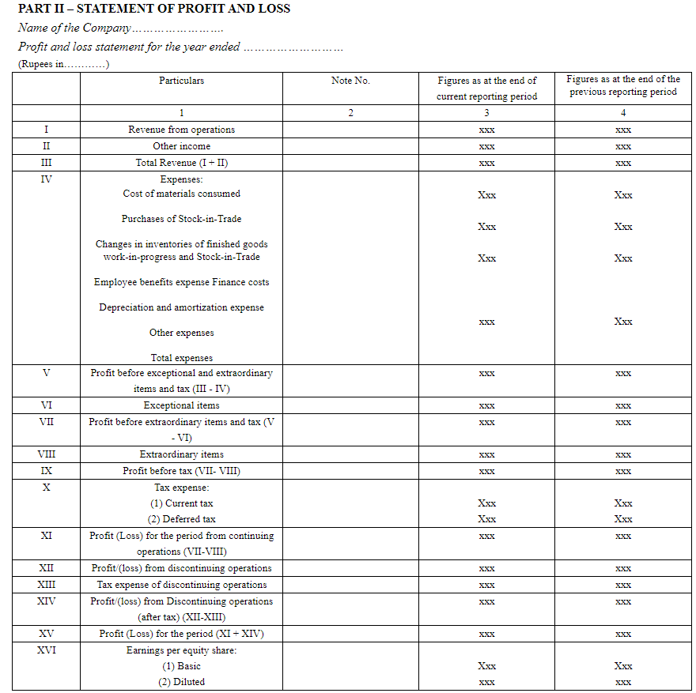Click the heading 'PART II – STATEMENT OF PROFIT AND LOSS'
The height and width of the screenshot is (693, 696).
click(x=154, y=9)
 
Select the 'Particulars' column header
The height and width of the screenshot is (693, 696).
click(x=181, y=81)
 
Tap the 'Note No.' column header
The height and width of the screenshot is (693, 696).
click(x=350, y=81)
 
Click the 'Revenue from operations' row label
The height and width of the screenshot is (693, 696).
click(x=181, y=130)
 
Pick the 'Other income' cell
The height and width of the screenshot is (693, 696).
click(x=181, y=146)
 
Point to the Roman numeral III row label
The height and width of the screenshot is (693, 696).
click(x=46, y=163)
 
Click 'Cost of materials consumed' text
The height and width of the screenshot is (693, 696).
click(x=181, y=194)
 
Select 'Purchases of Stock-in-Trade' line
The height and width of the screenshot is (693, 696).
click(x=181, y=219)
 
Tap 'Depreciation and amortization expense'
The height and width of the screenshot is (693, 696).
click(x=181, y=307)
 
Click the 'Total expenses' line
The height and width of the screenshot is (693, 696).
click(x=181, y=358)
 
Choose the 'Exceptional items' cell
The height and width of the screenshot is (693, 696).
click(x=181, y=405)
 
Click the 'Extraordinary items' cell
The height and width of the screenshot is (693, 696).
click(x=181, y=454)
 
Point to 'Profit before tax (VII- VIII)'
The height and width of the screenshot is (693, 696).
click(x=181, y=471)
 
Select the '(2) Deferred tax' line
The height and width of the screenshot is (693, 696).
click(x=181, y=519)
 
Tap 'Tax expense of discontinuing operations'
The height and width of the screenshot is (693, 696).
click(x=181, y=585)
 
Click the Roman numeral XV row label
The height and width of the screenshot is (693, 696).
click(x=46, y=634)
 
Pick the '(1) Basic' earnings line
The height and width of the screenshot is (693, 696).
click(x=181, y=666)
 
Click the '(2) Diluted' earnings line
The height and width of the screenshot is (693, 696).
click(x=181, y=682)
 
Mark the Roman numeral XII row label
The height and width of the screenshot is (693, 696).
click(x=46, y=568)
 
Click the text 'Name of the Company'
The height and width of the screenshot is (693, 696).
click(x=74, y=28)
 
